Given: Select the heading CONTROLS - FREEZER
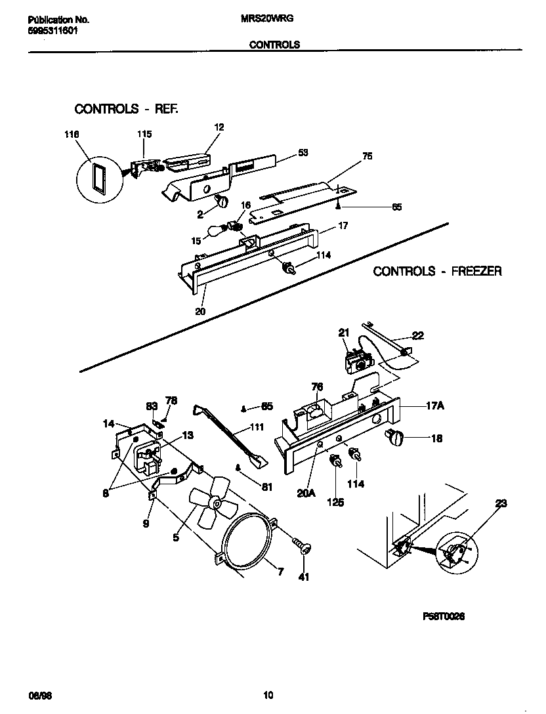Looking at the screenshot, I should tap(437, 271).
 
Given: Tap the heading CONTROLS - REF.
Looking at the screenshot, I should tap(126, 108).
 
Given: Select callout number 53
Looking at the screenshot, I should tap(303, 152).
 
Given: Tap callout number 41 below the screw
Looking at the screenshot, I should tap(304, 577).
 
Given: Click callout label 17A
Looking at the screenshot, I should tap(434, 406).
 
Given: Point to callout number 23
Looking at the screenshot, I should tap(501, 504).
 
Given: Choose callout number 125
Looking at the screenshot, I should tap(337, 502).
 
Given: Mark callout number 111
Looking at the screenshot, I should tap(257, 427).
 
